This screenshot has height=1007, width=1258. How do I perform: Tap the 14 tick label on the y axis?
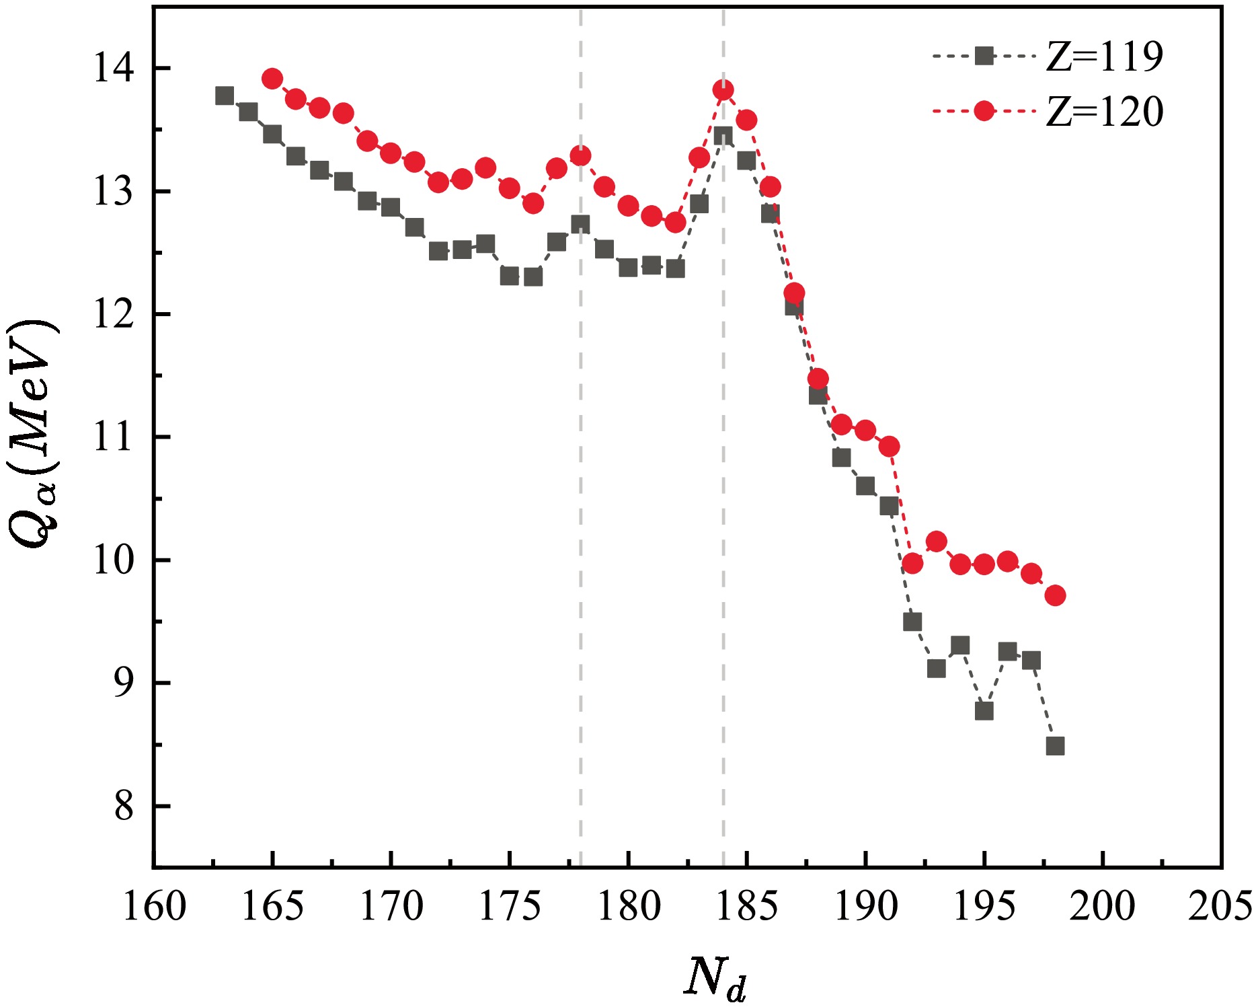click(113, 69)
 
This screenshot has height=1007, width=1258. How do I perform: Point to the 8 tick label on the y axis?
click(124, 806)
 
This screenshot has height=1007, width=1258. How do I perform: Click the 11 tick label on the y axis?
click(113, 437)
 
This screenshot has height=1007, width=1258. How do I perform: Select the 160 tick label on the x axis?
click(154, 906)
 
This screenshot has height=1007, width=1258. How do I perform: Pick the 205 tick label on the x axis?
click(1220, 906)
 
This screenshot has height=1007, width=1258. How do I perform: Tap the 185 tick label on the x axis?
click(746, 906)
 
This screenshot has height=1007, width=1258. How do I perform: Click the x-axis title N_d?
click(715, 977)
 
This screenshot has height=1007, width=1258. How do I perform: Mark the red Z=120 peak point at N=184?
click(723, 89)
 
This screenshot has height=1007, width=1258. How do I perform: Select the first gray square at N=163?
click(225, 96)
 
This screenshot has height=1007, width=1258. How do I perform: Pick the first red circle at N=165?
click(272, 79)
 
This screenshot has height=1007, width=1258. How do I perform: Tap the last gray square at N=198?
click(1055, 746)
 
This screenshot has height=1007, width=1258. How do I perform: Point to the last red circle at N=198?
click(1055, 595)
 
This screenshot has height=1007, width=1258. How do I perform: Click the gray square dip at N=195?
click(984, 711)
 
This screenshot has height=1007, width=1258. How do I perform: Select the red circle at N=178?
click(580, 156)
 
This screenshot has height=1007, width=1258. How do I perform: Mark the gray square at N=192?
click(912, 622)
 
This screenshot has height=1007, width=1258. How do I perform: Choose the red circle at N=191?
click(889, 446)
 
